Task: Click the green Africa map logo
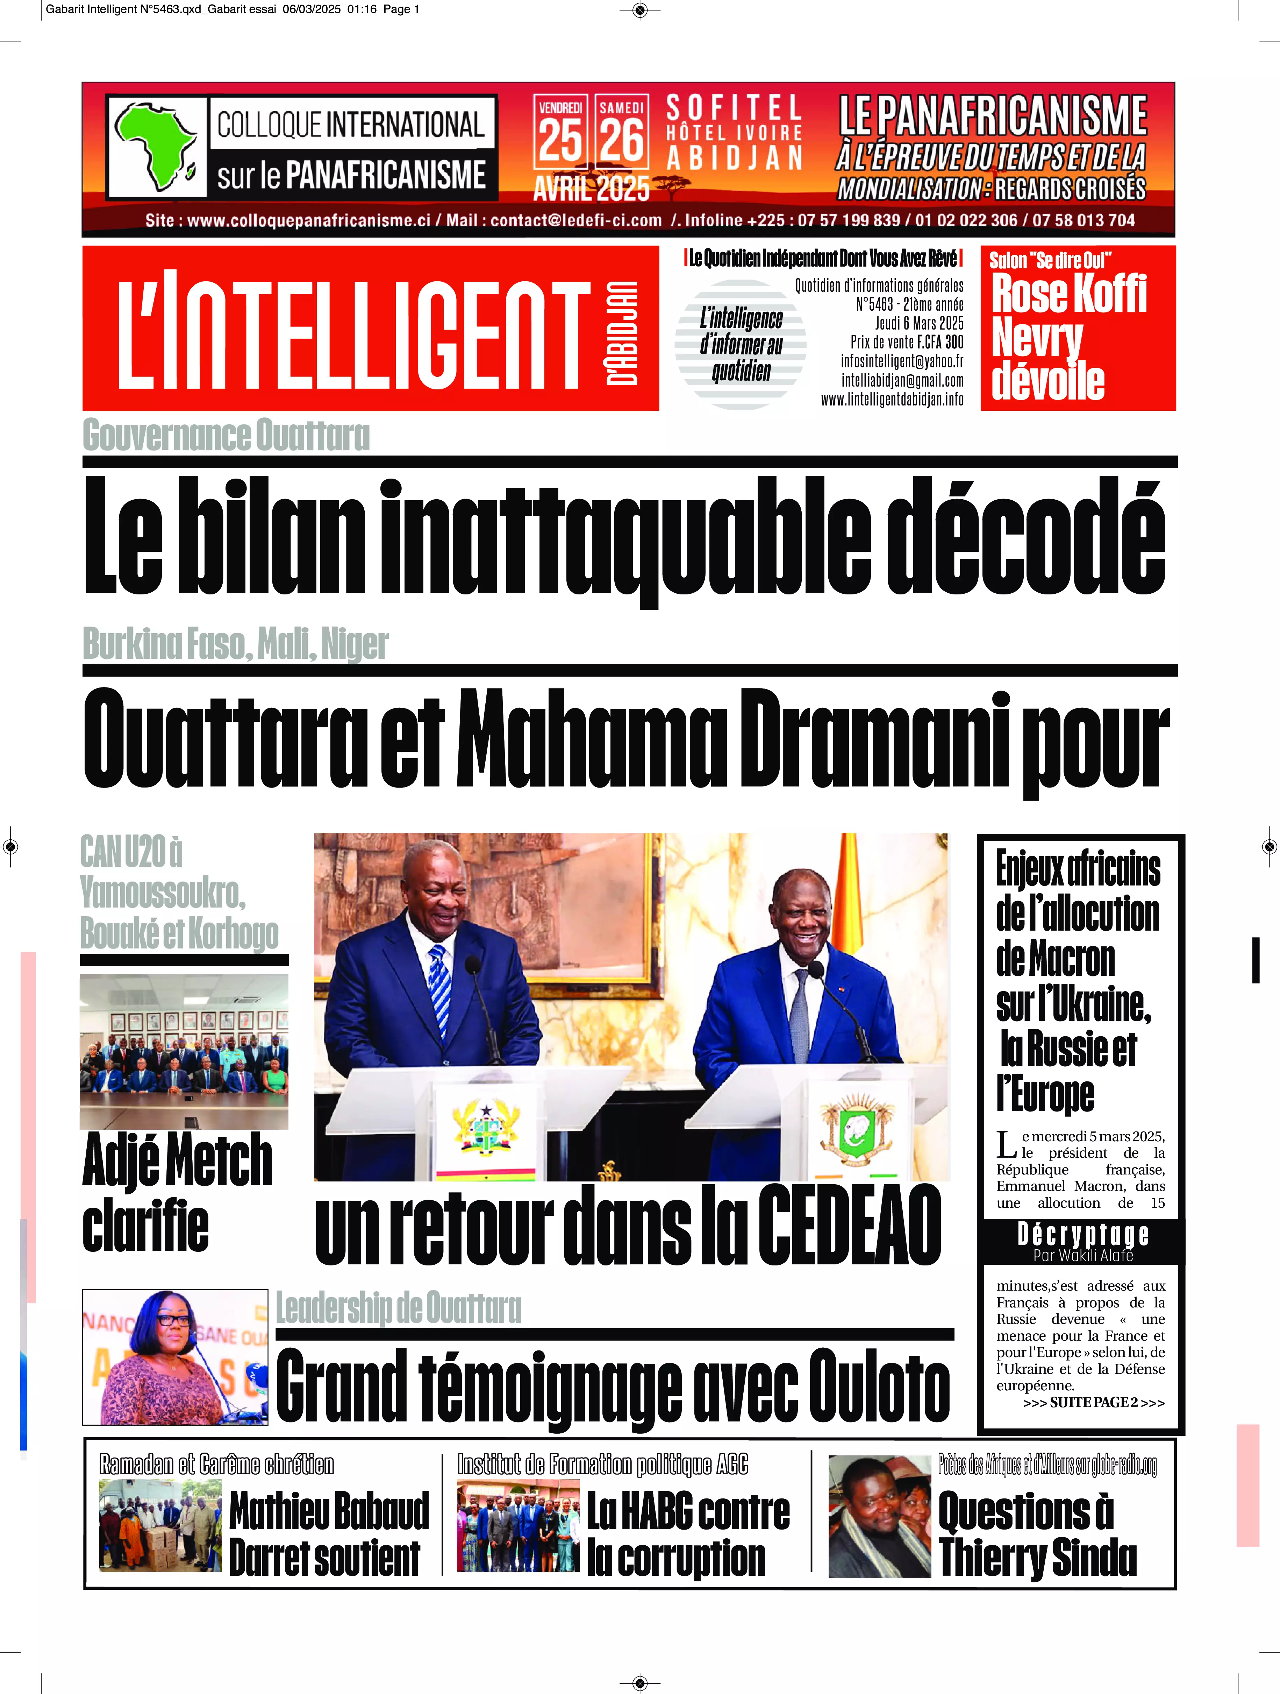coord(157,146)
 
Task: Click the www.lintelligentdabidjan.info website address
coord(892,399)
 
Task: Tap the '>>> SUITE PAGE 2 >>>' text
coord(1093,1402)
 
